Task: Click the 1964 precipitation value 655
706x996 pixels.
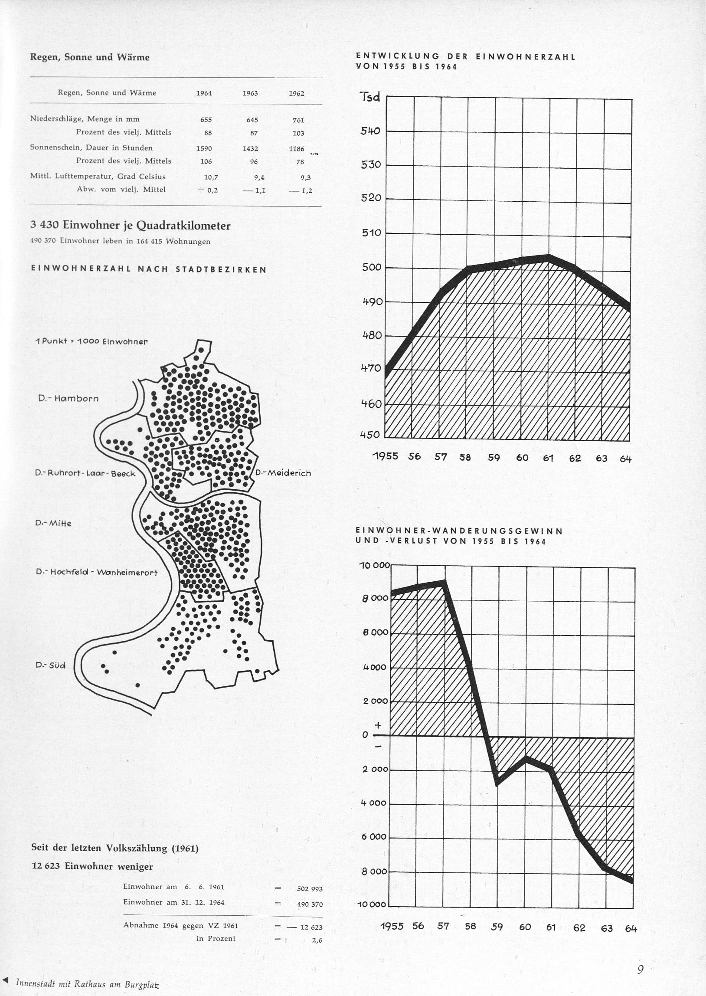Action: [x=206, y=120]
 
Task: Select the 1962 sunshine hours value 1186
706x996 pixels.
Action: [x=297, y=149]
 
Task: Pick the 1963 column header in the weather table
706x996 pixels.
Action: [x=250, y=93]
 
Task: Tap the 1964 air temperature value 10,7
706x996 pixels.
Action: [x=211, y=177]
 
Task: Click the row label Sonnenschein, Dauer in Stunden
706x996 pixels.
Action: [x=92, y=148]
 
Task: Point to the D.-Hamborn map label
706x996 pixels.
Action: [x=68, y=398]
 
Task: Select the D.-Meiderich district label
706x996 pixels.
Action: [x=283, y=473]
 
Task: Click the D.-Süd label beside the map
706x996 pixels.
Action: [x=50, y=665]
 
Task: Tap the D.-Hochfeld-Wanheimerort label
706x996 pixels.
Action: [x=97, y=572]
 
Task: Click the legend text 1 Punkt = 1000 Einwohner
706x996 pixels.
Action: [x=92, y=341]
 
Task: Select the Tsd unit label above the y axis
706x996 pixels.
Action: [x=369, y=97]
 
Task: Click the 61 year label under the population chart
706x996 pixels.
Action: [x=548, y=458]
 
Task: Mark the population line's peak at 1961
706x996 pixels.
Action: [x=549, y=257]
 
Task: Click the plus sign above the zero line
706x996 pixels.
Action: [x=378, y=725]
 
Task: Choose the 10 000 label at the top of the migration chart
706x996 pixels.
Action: [x=374, y=566]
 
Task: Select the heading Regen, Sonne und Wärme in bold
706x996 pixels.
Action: [x=90, y=57]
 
